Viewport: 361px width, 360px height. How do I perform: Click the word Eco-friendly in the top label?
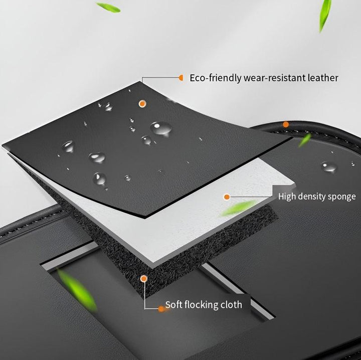(216, 78)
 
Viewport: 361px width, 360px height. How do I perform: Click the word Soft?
(173, 304)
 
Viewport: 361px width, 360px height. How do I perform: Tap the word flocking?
(201, 305)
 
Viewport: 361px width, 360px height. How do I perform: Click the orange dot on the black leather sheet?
(142, 104)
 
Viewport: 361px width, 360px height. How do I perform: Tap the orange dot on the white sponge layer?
(227, 197)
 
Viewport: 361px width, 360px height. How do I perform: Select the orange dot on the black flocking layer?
(144, 279)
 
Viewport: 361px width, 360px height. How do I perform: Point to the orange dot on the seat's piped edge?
(286, 124)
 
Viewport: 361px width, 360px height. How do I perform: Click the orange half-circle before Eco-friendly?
(181, 78)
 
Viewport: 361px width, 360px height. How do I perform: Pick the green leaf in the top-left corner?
(108, 8)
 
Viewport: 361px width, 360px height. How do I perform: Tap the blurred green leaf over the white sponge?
(239, 208)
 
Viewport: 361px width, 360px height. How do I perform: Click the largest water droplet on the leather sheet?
(161, 128)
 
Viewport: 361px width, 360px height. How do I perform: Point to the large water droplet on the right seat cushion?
(329, 166)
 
